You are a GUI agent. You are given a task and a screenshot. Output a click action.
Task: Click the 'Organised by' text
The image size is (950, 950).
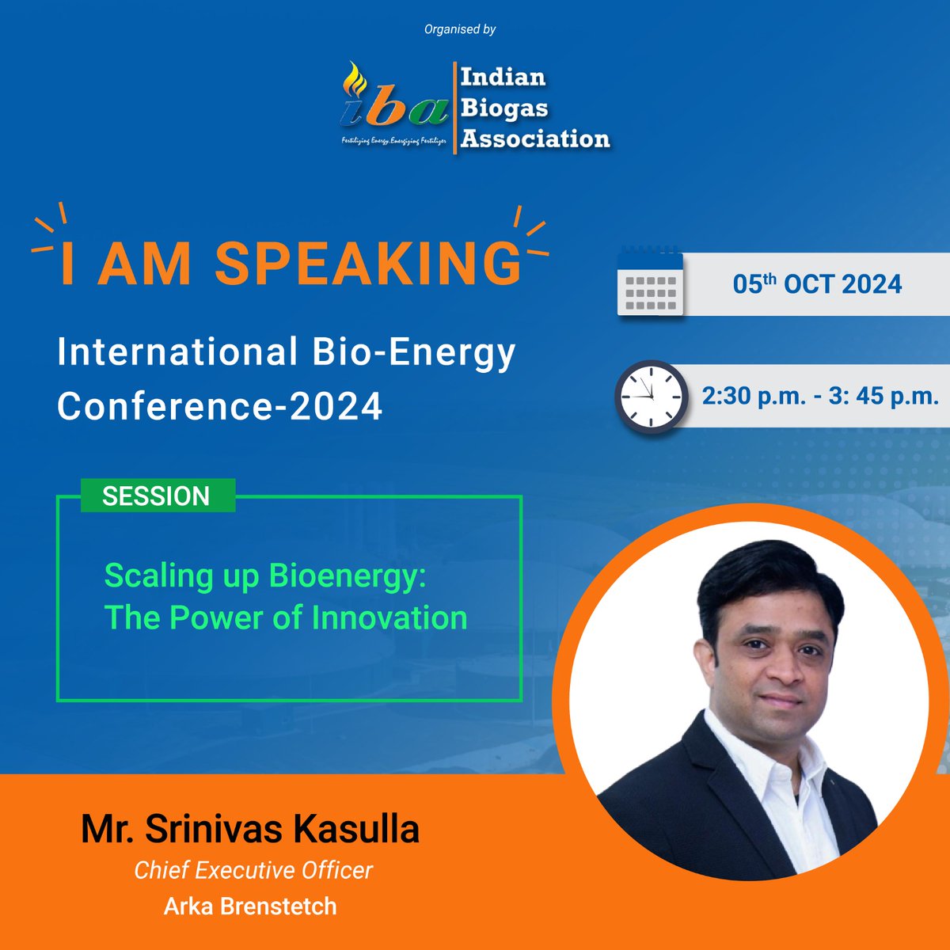[x=460, y=29]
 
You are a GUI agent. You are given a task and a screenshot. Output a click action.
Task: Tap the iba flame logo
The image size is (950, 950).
[x=393, y=105]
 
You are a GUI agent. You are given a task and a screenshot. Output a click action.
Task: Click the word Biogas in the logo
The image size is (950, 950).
[x=504, y=108]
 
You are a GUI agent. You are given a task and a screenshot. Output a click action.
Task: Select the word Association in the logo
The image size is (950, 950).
[x=535, y=139]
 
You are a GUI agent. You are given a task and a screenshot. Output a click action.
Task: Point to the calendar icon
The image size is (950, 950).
[x=649, y=283]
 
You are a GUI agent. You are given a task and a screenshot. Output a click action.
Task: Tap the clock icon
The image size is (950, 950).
[x=651, y=397]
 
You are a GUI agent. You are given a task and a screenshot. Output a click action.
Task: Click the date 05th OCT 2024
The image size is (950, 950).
[x=817, y=284]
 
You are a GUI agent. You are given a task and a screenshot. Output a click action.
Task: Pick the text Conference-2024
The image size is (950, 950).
[x=220, y=406]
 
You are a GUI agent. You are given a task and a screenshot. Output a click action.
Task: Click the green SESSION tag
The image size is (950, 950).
[x=157, y=496]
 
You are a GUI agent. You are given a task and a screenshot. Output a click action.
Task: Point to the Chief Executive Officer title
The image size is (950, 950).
[x=253, y=870]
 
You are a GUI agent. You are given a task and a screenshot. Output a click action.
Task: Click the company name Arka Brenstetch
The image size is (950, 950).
[x=250, y=906]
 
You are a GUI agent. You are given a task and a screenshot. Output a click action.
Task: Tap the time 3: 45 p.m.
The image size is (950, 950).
[x=883, y=395]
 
